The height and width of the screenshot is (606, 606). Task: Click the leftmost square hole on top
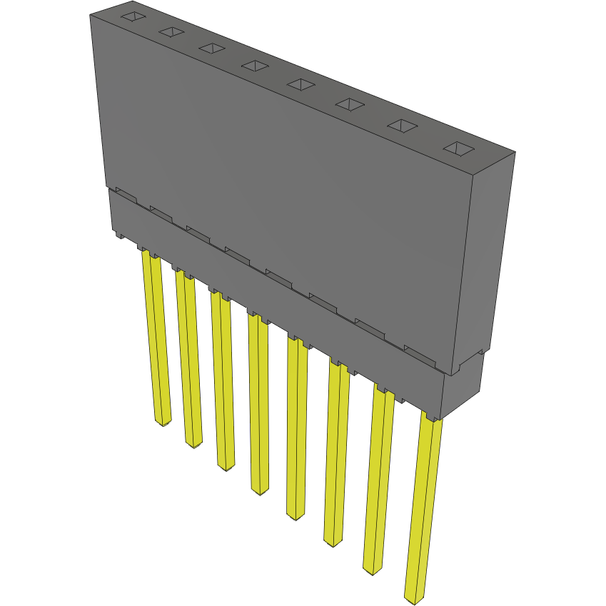click(133, 17)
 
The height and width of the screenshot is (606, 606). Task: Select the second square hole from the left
click(171, 31)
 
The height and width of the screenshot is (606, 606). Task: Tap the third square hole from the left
click(211, 48)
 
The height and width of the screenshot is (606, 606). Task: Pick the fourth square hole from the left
click(253, 66)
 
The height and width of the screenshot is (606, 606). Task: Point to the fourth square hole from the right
click(301, 84)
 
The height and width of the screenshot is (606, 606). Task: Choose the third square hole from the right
click(350, 104)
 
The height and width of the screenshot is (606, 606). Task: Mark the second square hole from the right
click(402, 126)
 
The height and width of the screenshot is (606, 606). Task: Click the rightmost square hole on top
click(458, 148)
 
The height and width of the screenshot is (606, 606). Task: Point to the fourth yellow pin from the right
click(297, 428)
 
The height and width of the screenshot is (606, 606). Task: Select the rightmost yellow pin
click(423, 507)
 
